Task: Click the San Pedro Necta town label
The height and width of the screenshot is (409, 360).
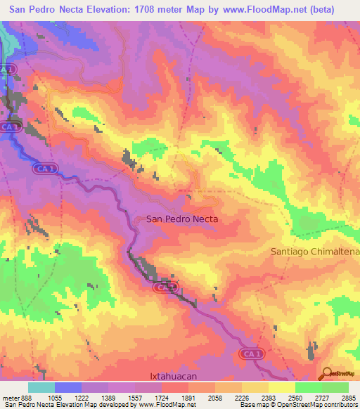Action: point(182,219)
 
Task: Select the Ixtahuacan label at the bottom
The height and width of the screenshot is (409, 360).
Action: point(179,376)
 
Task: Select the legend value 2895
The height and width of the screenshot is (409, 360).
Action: point(348,398)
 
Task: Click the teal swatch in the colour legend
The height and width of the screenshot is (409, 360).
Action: point(41,387)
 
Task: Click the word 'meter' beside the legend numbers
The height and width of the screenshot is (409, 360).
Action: point(10,398)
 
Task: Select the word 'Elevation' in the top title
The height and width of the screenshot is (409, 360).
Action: point(106,9)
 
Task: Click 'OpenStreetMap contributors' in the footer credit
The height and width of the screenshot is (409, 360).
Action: point(317,405)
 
